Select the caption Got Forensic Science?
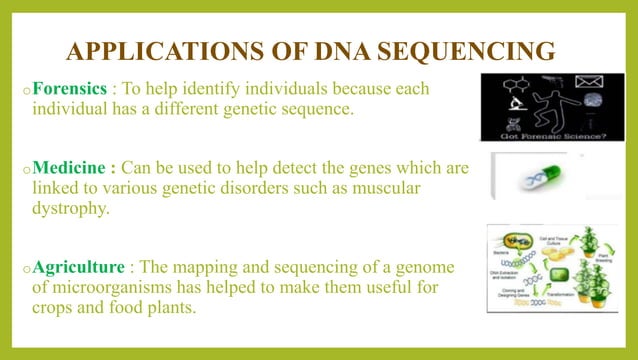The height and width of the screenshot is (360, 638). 554,133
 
